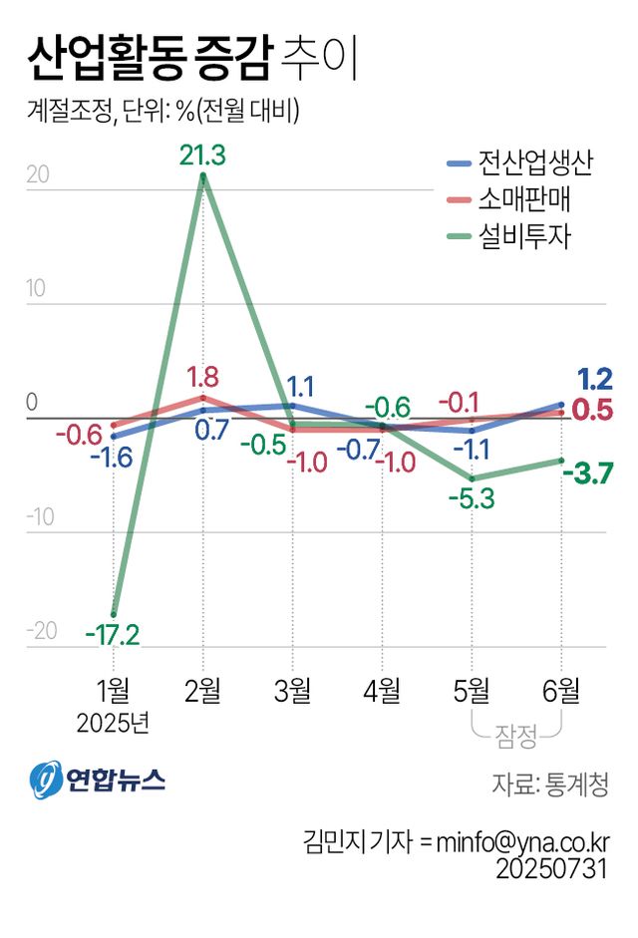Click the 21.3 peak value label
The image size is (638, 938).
point(204,156)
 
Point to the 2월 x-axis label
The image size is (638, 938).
point(203,690)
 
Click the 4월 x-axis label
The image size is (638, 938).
point(384,690)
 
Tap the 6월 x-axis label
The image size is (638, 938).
point(563,690)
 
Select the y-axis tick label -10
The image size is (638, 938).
point(35,518)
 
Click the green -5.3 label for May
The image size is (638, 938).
point(472,498)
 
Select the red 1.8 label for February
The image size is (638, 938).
point(203,377)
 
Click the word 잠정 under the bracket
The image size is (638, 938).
point(516,739)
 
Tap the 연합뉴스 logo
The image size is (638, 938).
point(98,780)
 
